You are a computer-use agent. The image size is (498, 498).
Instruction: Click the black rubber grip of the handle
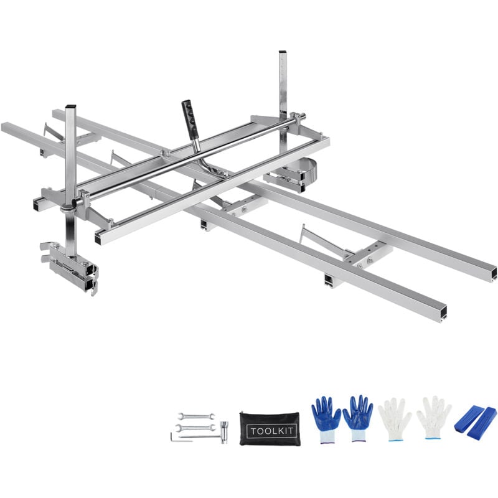189,120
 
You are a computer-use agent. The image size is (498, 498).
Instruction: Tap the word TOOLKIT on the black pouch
272,431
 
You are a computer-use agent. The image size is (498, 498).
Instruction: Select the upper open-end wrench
196,416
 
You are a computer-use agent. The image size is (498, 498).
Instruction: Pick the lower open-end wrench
195,428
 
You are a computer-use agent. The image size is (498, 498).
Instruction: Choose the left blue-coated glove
326,419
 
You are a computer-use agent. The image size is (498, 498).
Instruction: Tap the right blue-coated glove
358,418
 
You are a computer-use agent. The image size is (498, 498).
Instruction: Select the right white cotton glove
433,418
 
